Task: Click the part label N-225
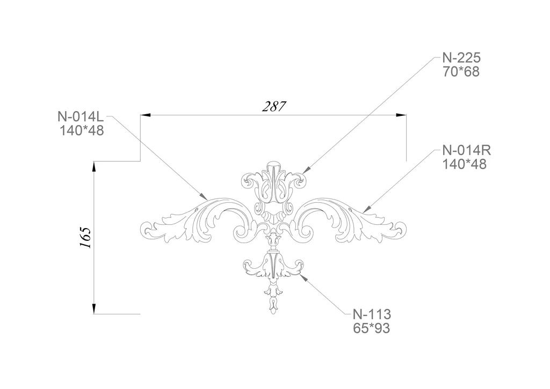(x=461, y=58)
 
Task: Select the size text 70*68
(x=461, y=72)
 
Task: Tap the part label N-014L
(x=81, y=116)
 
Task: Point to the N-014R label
(x=467, y=150)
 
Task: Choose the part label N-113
(x=372, y=314)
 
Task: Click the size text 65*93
(x=372, y=328)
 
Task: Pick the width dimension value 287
(x=274, y=106)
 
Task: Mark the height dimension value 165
(x=85, y=238)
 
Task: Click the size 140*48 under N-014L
(x=82, y=131)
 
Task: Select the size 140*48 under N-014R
(x=465, y=164)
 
